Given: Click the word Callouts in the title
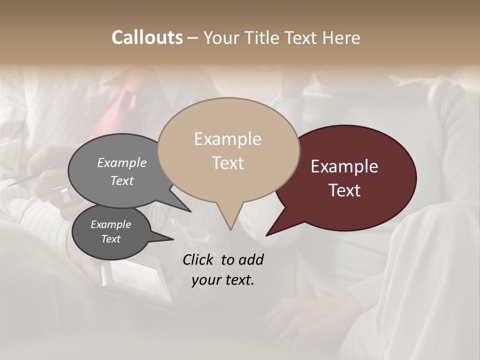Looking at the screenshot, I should tap(147, 37).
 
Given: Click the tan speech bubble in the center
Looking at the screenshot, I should tap(228, 150).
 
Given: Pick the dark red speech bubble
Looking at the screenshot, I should tap(350, 177).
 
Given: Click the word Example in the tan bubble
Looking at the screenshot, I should tap(227, 139).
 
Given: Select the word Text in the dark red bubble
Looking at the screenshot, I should tap(344, 190).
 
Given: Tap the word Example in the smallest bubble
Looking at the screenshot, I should tap(110, 224).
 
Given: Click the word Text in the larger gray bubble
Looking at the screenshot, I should tap(122, 181).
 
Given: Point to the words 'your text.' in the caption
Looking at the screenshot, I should tap(223, 280).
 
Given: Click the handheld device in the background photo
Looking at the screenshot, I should tap(135, 282).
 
